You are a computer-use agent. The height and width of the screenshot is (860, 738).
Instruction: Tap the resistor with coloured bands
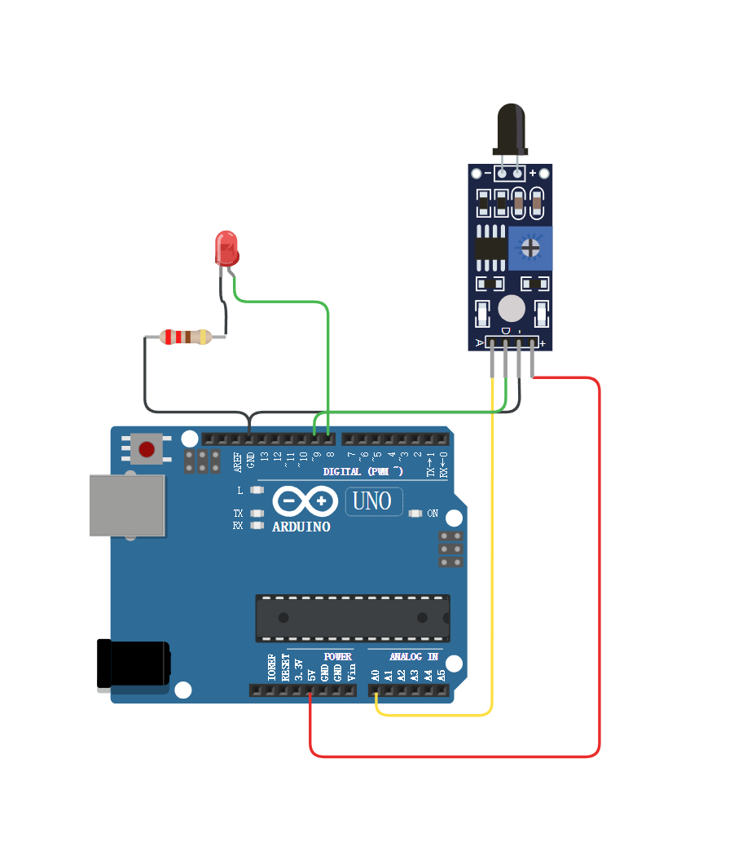pyautogui.click(x=185, y=337)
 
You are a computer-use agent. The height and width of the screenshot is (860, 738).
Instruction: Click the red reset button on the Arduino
pyautogui.click(x=147, y=449)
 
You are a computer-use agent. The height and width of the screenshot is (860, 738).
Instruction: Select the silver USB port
pyautogui.click(x=127, y=505)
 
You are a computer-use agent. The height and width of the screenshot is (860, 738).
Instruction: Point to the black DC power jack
pyautogui.click(x=133, y=664)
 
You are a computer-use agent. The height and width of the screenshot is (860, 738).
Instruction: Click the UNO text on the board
pyautogui.click(x=373, y=501)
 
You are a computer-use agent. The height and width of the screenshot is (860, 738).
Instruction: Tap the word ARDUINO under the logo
pyautogui.click(x=301, y=527)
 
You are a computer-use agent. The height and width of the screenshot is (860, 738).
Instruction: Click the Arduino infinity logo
pyautogui.click(x=305, y=501)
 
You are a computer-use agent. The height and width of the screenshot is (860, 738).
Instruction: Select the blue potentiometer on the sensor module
pyautogui.click(x=530, y=248)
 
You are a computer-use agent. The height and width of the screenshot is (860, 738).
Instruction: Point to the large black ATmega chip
pyautogui.click(x=352, y=617)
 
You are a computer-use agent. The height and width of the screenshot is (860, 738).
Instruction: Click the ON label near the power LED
pyautogui.click(x=433, y=514)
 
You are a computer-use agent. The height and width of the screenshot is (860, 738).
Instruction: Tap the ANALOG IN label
pyautogui.click(x=413, y=656)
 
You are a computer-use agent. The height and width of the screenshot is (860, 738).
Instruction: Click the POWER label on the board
pyautogui.click(x=337, y=656)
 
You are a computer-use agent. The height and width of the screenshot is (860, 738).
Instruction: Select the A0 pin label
pyautogui.click(x=376, y=675)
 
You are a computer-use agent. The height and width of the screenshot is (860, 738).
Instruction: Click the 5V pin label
pyautogui.click(x=311, y=675)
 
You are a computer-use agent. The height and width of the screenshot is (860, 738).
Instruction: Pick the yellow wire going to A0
pyautogui.click(x=492, y=571)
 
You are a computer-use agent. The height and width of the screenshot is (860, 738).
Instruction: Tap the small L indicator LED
pyautogui.click(x=257, y=491)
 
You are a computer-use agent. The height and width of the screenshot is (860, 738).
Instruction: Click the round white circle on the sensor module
pyautogui.click(x=511, y=309)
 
